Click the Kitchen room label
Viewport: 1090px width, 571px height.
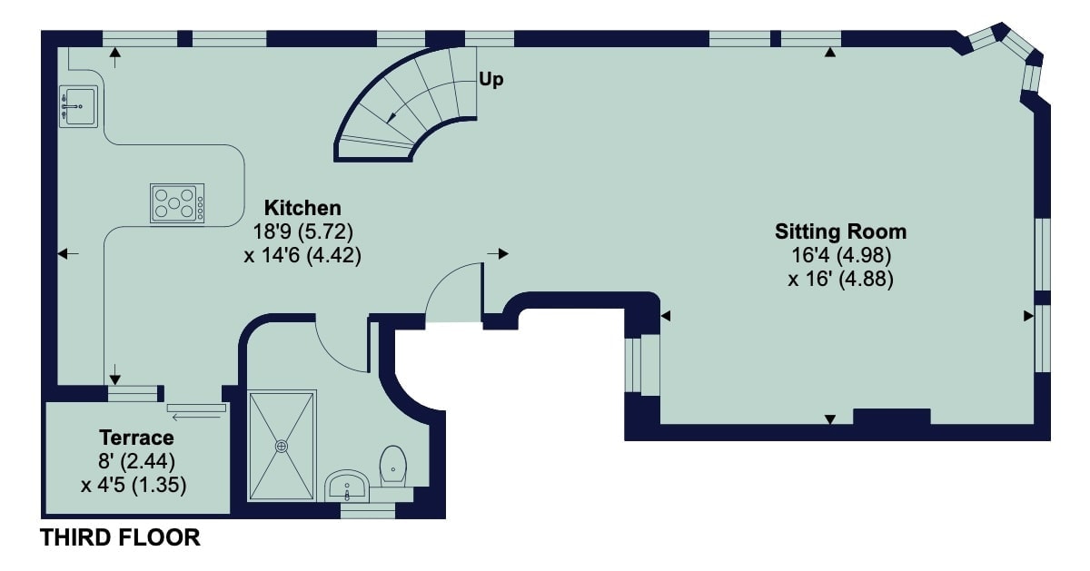click(x=302, y=208)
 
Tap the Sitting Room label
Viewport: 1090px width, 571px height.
click(x=841, y=231)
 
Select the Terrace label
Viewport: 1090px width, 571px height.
click(x=137, y=438)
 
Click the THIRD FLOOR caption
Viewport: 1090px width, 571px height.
click(x=120, y=537)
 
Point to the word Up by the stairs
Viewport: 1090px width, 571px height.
click(x=491, y=79)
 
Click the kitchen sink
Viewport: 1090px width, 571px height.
click(x=78, y=106)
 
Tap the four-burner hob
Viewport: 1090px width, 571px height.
click(x=177, y=203)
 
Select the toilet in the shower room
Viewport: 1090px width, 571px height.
click(x=392, y=466)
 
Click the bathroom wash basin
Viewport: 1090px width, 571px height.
click(x=346, y=486)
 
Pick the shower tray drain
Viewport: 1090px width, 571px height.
click(x=282, y=446)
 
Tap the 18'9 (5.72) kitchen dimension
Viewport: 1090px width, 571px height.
click(x=302, y=231)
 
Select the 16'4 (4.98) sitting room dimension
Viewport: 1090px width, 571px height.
click(x=841, y=255)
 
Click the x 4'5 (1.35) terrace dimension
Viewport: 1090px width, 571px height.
click(x=134, y=485)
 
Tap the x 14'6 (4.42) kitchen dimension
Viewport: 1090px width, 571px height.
click(x=302, y=255)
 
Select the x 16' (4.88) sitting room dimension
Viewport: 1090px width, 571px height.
click(x=841, y=280)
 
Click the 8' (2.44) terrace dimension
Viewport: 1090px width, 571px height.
click(x=137, y=461)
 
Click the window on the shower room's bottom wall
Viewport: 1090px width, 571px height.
click(x=368, y=511)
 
